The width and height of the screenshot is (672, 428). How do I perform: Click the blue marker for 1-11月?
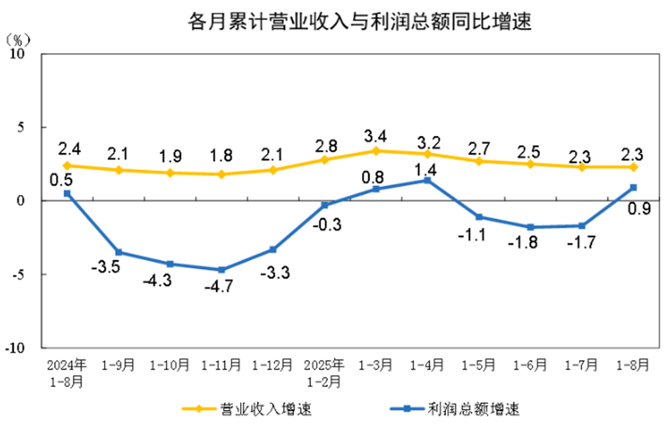point(221,270)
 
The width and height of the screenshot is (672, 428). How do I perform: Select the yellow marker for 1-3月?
point(376,151)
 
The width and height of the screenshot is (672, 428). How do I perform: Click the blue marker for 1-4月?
point(427,180)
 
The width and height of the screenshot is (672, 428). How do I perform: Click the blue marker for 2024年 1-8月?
point(67,193)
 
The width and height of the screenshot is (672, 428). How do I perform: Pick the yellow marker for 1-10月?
point(170,172)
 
